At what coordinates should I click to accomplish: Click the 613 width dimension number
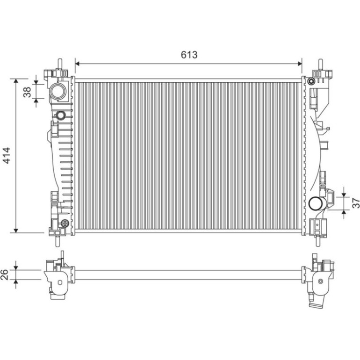click(189, 55)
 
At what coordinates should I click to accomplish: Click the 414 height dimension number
click(7, 155)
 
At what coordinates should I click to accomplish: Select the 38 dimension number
click(27, 92)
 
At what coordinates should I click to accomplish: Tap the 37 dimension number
click(356, 203)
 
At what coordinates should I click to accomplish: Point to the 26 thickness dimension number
click(4, 274)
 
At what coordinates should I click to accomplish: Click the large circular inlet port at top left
click(58, 91)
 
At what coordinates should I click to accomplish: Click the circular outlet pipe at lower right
click(316, 203)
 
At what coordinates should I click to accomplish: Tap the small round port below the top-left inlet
click(61, 115)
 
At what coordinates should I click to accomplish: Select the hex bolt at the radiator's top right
click(311, 81)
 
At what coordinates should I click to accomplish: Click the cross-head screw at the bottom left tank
click(65, 223)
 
